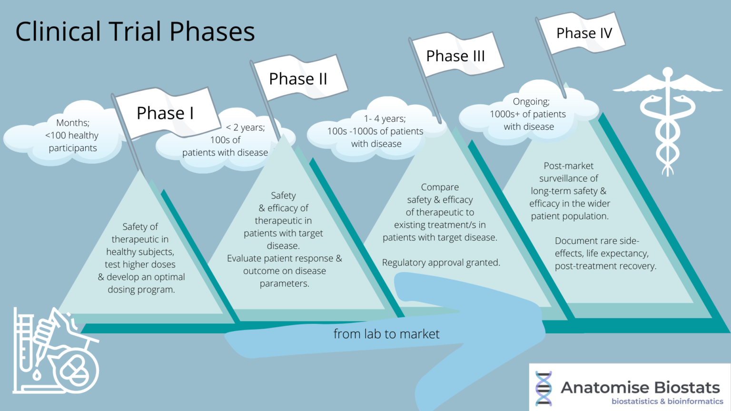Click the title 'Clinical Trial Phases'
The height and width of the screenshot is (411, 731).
pos(135,32)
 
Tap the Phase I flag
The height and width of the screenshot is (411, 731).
pos(165,113)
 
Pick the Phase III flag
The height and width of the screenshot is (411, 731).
pos(455,56)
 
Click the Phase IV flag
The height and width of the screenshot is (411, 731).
pos(584,33)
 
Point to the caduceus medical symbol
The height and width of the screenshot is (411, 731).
pos(667,119)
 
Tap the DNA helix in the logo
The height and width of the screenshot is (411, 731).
pos(543,388)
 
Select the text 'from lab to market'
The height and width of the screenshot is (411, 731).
pos(386,334)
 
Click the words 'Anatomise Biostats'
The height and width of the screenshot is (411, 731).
pos(640,387)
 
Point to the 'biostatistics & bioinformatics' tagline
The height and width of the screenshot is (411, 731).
pos(667,401)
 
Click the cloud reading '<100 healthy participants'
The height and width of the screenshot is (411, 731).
pos(72,136)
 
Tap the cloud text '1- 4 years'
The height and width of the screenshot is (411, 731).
pos(385,118)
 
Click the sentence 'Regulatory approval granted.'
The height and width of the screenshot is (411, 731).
pos(441,263)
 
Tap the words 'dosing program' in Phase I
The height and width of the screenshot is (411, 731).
pos(141,290)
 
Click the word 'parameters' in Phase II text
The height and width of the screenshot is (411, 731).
pos(285,284)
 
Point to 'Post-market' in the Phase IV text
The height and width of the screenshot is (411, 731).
pos(569,166)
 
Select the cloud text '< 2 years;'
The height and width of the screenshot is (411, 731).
pos(246,127)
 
